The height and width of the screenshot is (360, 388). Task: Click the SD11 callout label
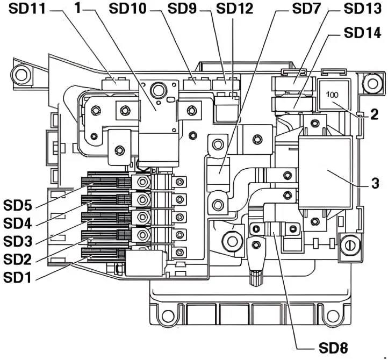click(x=27, y=9)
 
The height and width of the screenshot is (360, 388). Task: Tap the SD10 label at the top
click(x=128, y=9)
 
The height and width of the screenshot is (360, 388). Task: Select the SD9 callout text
click(x=182, y=9)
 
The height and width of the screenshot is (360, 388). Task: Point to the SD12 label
click(x=235, y=9)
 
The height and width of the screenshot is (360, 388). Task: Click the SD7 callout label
click(x=307, y=9)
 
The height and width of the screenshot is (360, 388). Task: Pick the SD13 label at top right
click(x=362, y=9)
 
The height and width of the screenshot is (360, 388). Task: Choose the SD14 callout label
click(x=362, y=33)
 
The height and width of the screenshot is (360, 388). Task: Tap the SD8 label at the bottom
click(x=333, y=348)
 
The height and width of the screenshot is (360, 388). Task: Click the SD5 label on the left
click(x=18, y=205)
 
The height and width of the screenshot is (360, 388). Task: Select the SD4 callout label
click(x=18, y=224)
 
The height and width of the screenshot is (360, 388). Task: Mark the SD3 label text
click(x=18, y=242)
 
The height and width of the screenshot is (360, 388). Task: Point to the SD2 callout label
click(x=18, y=260)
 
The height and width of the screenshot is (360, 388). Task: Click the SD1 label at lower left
click(x=17, y=278)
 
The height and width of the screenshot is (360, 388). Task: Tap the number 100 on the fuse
click(x=332, y=95)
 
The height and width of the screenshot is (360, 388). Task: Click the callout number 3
click(x=375, y=184)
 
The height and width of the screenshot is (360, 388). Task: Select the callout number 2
click(x=374, y=115)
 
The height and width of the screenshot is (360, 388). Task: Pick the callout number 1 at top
click(x=78, y=8)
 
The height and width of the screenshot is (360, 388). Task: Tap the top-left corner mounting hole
click(x=21, y=74)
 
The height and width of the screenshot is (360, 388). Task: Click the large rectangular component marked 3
click(x=325, y=173)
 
